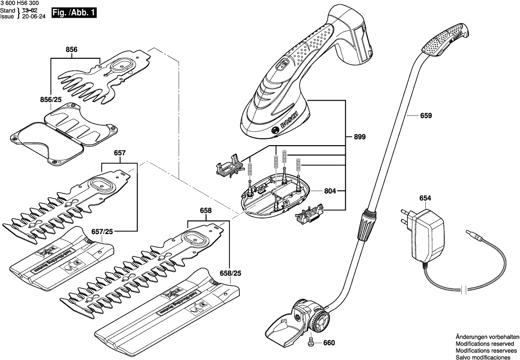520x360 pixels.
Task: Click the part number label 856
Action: point(72,49)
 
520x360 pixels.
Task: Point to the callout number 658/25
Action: point(230,273)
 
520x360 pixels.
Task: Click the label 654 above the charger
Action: point(425,198)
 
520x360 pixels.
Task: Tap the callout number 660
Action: point(329,343)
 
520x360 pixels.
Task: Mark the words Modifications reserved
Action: point(484,343)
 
